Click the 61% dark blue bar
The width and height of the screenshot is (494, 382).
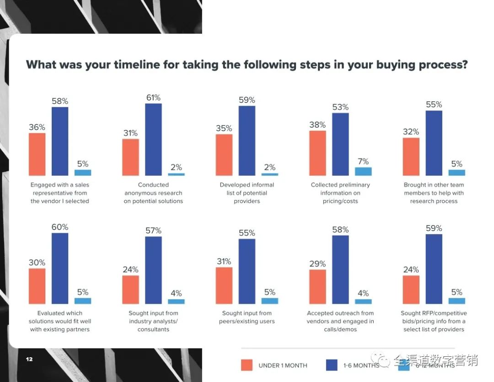[x=153, y=140]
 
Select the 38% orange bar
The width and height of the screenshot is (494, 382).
[x=317, y=153]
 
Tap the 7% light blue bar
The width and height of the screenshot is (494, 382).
[x=363, y=171]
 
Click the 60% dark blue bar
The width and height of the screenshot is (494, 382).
[x=60, y=268]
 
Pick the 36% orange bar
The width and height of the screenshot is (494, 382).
[x=37, y=154]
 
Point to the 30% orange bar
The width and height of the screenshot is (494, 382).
[x=37, y=286]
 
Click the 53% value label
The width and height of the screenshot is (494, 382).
[x=340, y=107]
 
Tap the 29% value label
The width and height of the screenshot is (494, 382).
[x=317, y=264]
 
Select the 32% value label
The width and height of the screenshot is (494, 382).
[x=411, y=132]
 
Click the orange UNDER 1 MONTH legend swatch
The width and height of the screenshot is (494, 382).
[x=247, y=365]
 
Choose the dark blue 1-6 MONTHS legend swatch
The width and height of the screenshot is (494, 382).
[x=332, y=365]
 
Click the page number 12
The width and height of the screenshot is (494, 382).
[x=29, y=359]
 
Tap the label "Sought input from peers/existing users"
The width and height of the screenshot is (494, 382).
[x=247, y=317]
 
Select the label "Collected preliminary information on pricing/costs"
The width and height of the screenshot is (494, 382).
[x=340, y=193]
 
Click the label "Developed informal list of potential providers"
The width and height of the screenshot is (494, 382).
[x=247, y=193]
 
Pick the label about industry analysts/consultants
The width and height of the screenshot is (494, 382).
[x=153, y=321]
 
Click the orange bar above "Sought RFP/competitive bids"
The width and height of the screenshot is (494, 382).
[x=411, y=290]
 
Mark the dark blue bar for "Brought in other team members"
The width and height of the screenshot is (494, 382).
[x=434, y=143]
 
